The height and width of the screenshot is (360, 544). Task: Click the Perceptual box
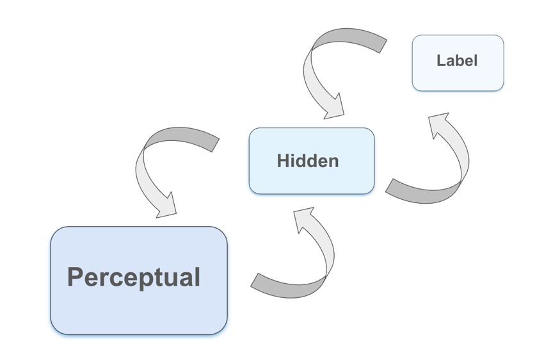[x=139, y=307]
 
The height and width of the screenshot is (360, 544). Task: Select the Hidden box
[x=312, y=179]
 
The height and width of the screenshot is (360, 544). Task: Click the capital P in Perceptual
[x=76, y=277]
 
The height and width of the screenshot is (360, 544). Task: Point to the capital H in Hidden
[x=284, y=161]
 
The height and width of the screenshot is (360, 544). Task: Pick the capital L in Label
[x=441, y=61]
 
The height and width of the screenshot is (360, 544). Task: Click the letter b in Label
[x=459, y=61]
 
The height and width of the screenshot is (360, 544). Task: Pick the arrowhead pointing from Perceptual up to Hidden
[x=305, y=218]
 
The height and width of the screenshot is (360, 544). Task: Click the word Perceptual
[x=133, y=277]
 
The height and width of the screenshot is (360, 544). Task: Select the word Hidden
[x=308, y=161]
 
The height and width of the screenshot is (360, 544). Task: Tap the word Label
[x=457, y=61]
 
